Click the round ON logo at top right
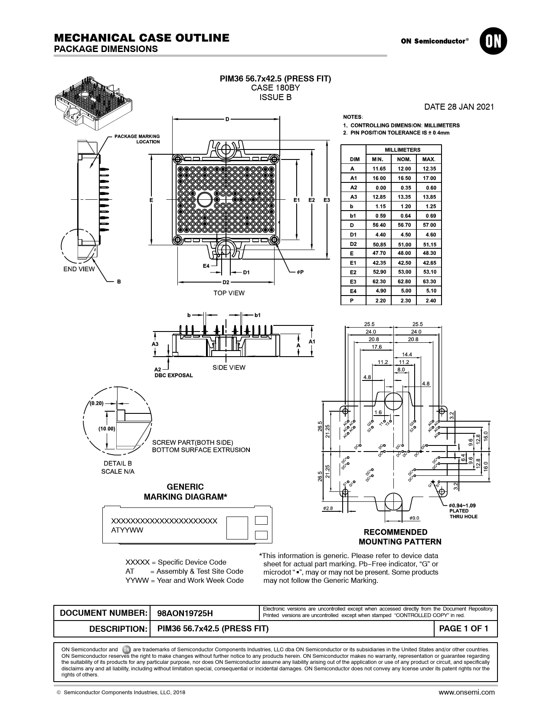click(x=493, y=41)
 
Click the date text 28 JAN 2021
click(x=459, y=107)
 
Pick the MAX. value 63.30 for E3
click(x=429, y=282)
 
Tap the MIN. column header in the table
click(x=378, y=159)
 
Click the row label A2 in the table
click(x=353, y=188)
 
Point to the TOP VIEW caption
click(x=229, y=293)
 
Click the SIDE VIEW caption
click(x=229, y=368)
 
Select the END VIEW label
click(x=79, y=269)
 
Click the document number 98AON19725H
click(x=185, y=613)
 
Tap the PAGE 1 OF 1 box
click(x=464, y=629)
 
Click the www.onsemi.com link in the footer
click(x=466, y=692)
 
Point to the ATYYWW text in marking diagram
click(x=127, y=530)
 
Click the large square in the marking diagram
click(x=237, y=528)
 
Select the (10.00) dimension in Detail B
click(x=106, y=429)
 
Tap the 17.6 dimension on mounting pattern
click(x=376, y=347)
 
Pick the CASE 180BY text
click(x=275, y=88)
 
